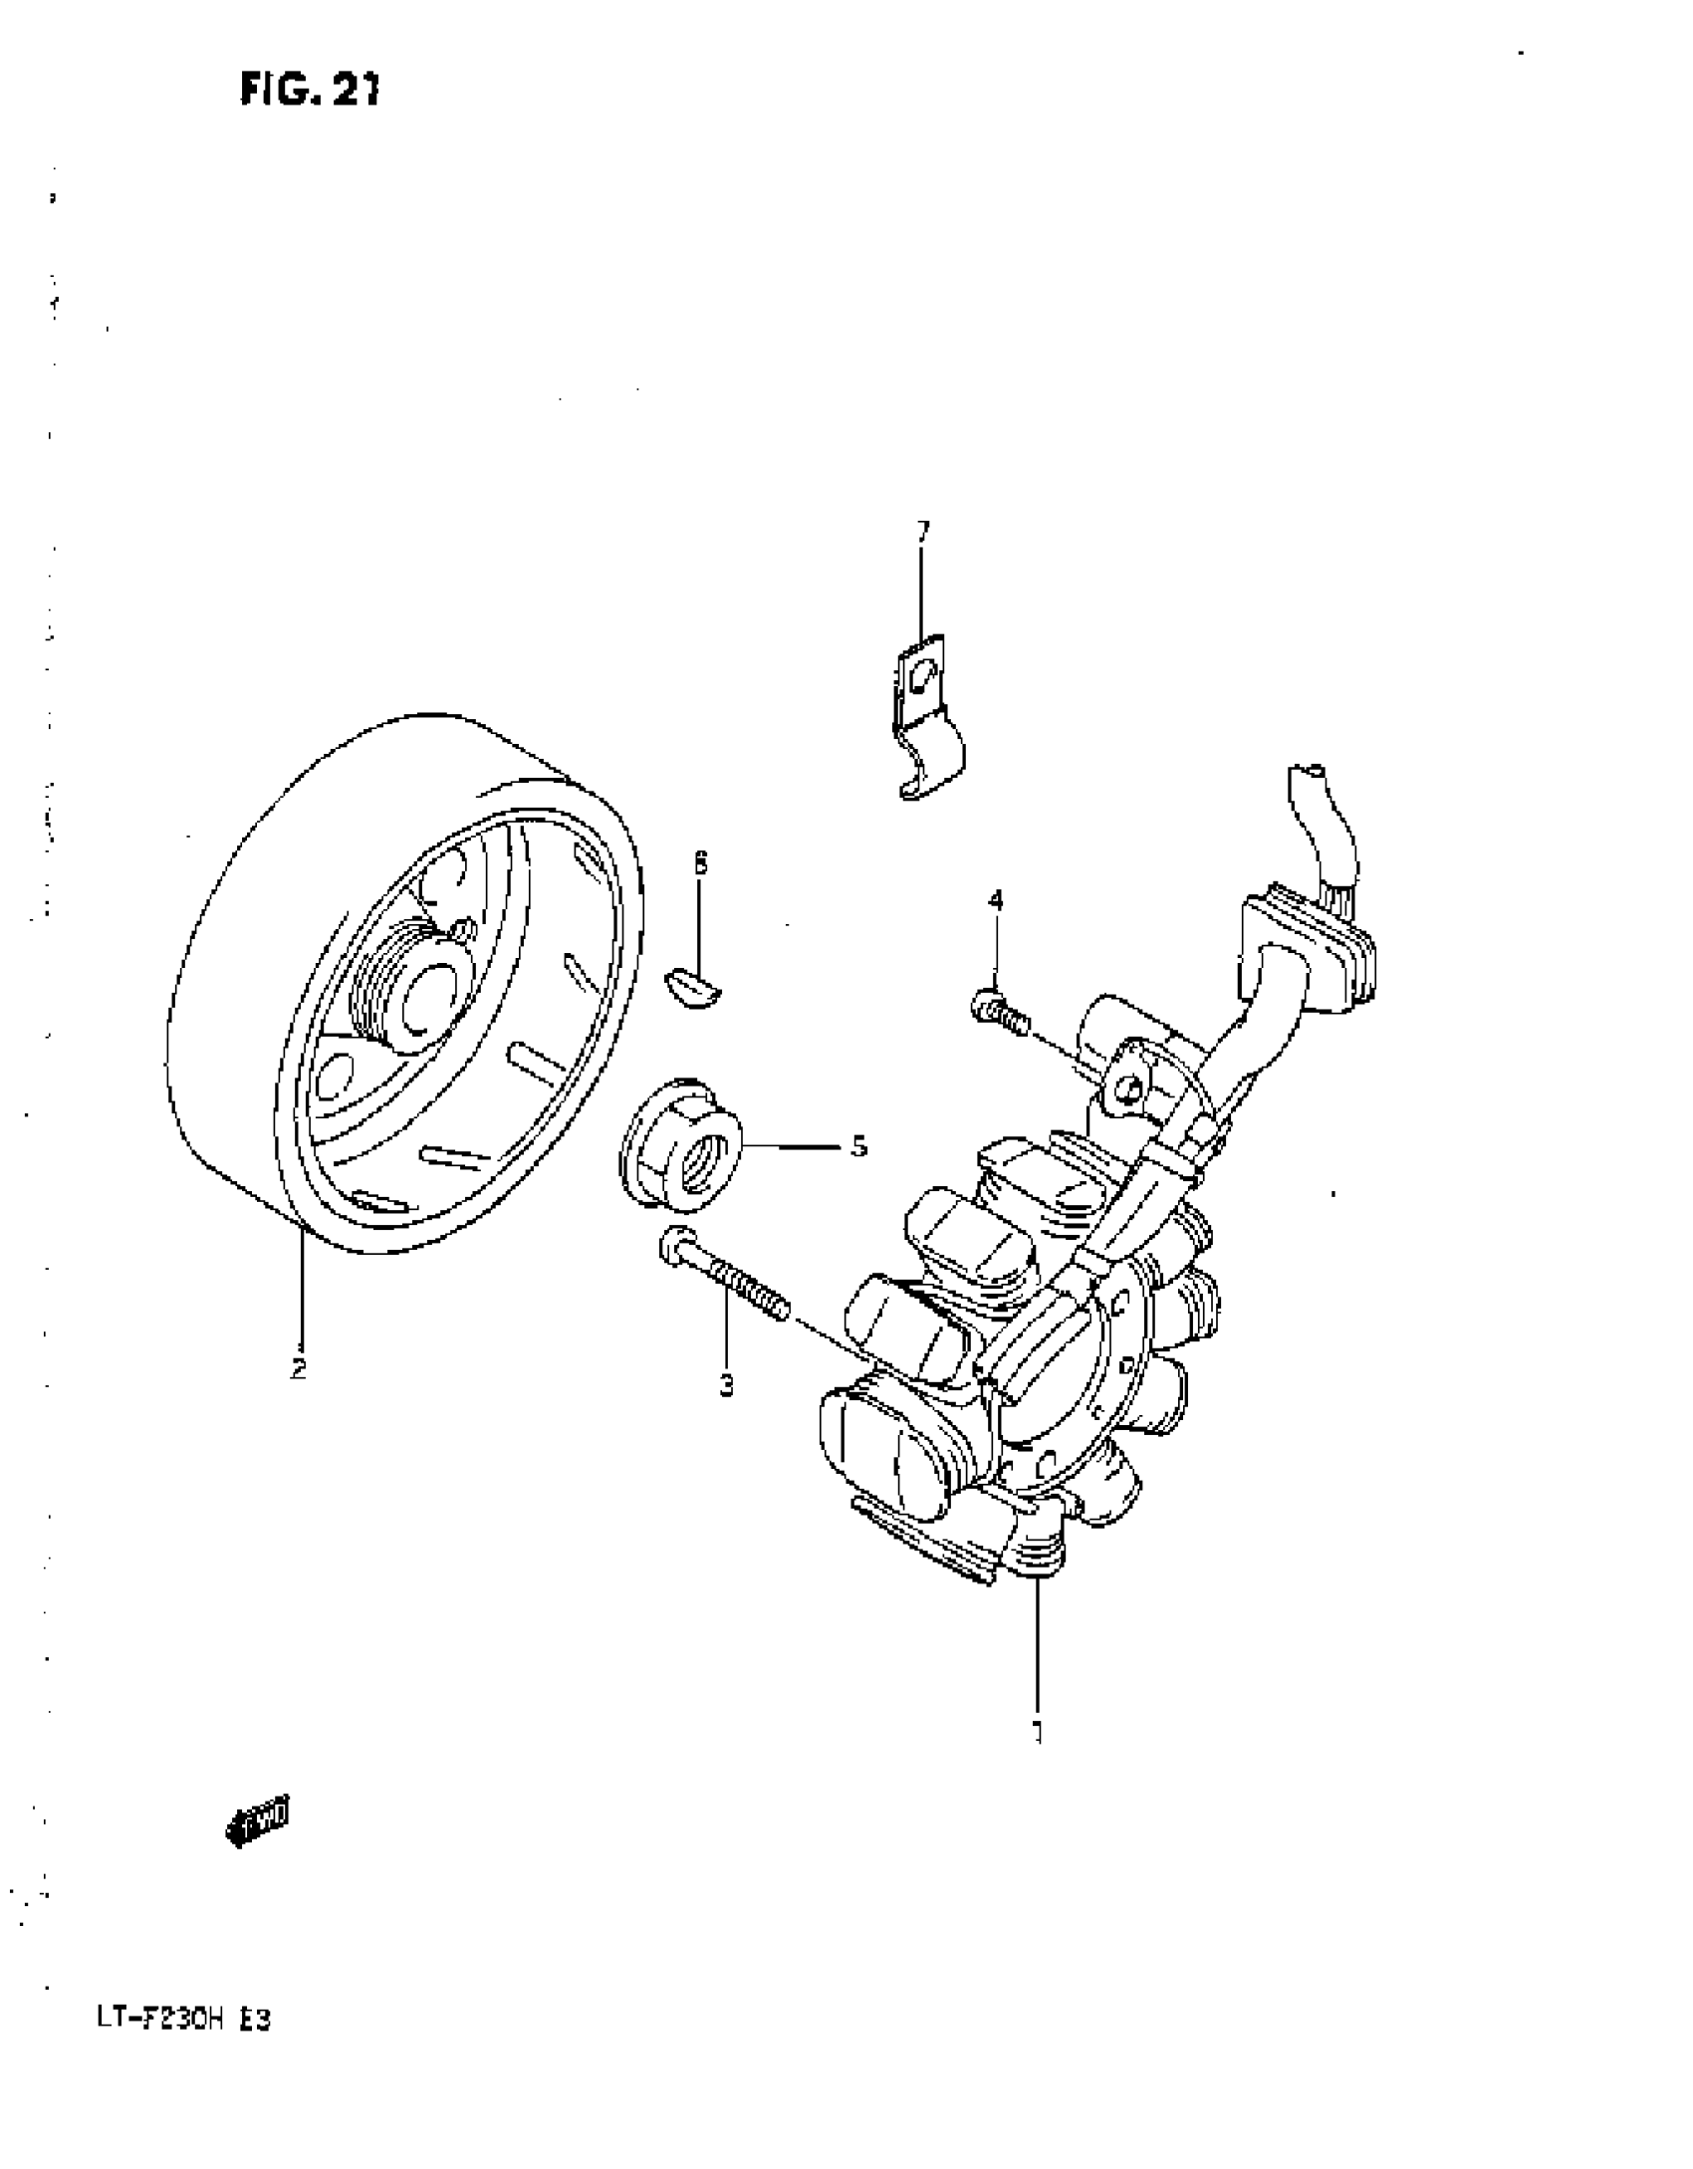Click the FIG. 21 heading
[x=310, y=91]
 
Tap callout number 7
[x=922, y=531]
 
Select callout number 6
[x=700, y=863]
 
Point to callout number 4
[x=995, y=900]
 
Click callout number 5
[x=858, y=1146]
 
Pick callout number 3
[x=726, y=1384]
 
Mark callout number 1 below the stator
[x=1037, y=1732]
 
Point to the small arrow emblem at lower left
[x=259, y=1823]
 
